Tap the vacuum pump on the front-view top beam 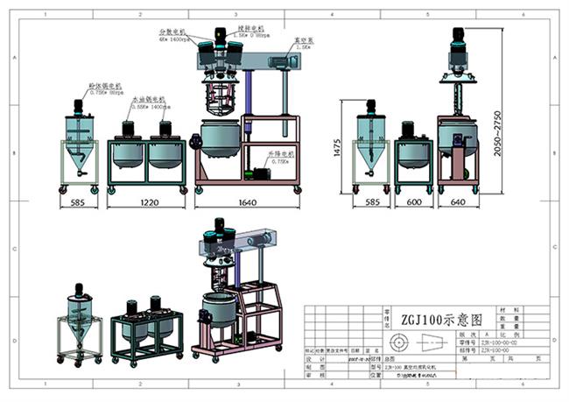(x=279, y=61)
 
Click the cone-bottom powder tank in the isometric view (x=79, y=332)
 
